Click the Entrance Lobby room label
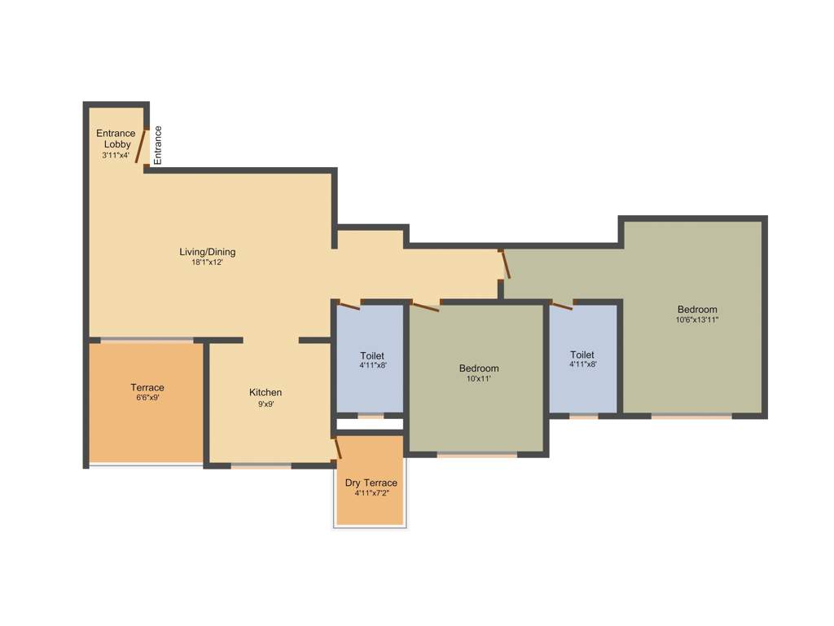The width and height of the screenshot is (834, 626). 116,139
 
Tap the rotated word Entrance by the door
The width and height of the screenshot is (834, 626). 158,145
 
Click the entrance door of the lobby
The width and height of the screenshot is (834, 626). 140,145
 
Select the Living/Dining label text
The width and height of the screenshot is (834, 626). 208,252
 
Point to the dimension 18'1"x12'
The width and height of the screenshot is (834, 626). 208,262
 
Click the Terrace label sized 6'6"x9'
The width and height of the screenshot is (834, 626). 147,387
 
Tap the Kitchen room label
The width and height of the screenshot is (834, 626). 266,393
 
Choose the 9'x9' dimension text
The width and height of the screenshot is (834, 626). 266,403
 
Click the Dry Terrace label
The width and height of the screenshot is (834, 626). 371,483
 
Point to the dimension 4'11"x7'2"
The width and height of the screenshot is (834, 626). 371,494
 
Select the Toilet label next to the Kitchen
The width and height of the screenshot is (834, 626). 372,355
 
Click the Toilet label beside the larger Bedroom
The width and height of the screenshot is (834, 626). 582,355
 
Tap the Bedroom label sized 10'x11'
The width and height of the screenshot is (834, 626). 479,368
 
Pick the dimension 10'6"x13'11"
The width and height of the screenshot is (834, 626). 697,320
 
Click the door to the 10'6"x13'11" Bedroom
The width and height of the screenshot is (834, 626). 505,265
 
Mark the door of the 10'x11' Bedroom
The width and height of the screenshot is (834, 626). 426,306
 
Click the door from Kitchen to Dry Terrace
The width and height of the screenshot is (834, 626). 337,448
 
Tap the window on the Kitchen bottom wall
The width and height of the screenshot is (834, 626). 261,465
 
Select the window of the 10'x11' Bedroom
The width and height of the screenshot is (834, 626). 476,454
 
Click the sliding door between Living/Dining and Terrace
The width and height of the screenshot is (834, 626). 147,340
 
